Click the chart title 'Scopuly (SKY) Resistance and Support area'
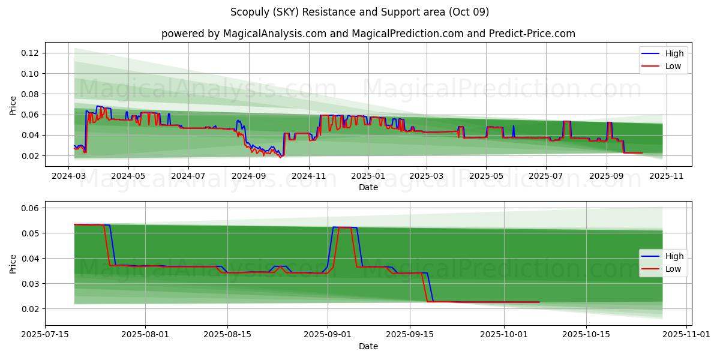[x=359, y=12]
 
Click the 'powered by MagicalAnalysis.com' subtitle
[x=368, y=34]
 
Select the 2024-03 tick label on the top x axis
[x=69, y=176]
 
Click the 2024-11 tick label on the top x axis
[x=308, y=176]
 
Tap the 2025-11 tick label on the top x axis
[x=665, y=176]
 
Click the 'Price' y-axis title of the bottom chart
[x=13, y=263]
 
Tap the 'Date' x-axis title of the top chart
[x=368, y=187]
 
